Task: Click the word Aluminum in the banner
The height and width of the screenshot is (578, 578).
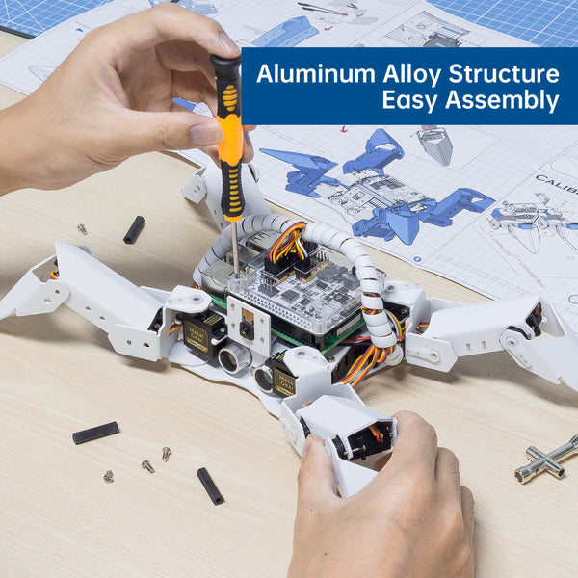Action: [316, 74]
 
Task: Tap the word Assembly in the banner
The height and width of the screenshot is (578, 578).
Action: [502, 100]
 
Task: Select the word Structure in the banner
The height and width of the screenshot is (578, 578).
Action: [504, 74]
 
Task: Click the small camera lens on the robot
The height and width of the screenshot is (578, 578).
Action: [247, 328]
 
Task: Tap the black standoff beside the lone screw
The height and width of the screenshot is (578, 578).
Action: [134, 229]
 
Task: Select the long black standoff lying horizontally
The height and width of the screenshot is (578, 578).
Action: [95, 433]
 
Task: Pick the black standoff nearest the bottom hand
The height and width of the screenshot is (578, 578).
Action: [210, 486]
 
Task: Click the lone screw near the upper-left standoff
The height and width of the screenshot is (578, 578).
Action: [82, 229]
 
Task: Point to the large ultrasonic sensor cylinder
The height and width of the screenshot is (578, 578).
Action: [234, 357]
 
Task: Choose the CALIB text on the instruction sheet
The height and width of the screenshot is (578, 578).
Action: [557, 184]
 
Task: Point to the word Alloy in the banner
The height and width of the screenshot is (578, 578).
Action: [411, 74]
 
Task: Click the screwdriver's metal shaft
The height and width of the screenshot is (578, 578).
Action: [234, 248]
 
